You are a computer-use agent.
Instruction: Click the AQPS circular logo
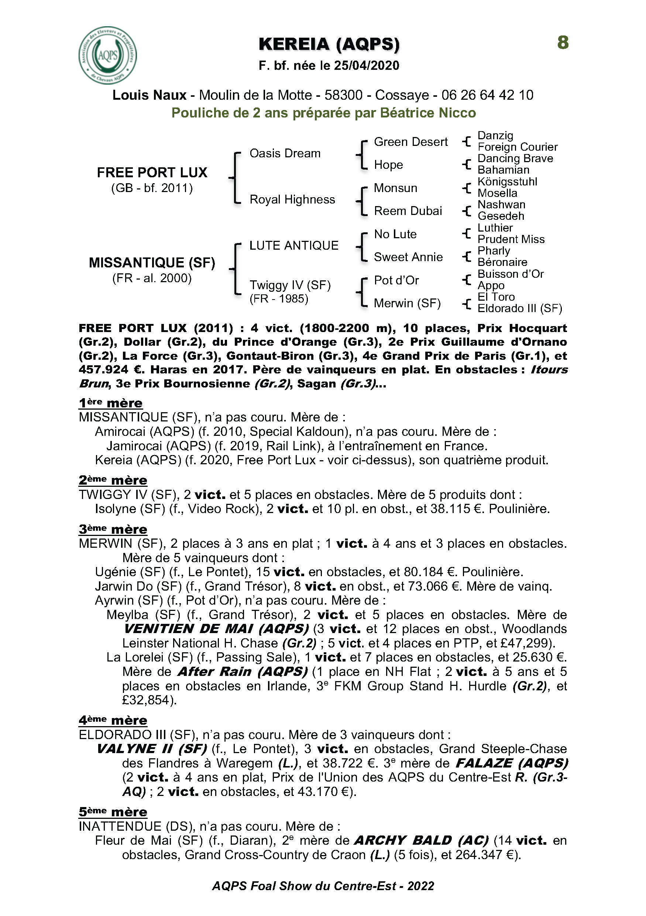coord(108,55)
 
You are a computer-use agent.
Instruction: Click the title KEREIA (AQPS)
coord(329,44)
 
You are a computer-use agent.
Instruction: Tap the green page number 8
coord(563,42)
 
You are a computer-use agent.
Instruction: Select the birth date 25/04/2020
coord(367,65)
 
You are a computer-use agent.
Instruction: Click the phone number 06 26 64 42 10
coord(487,95)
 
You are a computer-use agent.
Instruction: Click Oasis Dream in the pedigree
coord(285,153)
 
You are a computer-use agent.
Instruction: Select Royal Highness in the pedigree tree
coord(292,199)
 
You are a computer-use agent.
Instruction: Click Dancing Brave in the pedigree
coord(515,158)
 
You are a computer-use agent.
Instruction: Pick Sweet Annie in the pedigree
coord(408,257)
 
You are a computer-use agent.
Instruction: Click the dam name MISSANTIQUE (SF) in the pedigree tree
coord(152,263)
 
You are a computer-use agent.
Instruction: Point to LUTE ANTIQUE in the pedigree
coord(294,245)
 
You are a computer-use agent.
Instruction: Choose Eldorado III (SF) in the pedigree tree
coord(520,308)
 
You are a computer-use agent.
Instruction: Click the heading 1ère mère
coord(110,403)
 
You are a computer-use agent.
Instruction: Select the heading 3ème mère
coord(113,529)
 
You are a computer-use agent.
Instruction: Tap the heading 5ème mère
coord(113,811)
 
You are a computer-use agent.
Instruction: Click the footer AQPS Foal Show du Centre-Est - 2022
coord(323,886)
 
